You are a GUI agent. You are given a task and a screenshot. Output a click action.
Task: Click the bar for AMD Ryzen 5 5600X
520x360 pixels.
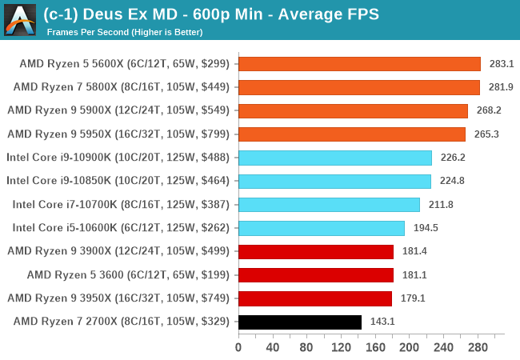[x=359, y=64]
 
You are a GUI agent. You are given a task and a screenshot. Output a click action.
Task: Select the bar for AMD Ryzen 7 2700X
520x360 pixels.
[x=300, y=322]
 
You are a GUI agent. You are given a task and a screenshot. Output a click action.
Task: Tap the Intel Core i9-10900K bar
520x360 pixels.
[x=335, y=158]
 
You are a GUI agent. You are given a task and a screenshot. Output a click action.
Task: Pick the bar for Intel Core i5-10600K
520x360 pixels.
[x=322, y=228]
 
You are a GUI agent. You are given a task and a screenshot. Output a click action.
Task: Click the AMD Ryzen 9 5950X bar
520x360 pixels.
[x=352, y=134]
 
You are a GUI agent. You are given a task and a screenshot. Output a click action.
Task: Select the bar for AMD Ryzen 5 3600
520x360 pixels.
[x=316, y=275]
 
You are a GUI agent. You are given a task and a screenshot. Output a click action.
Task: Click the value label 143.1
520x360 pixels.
[x=382, y=322]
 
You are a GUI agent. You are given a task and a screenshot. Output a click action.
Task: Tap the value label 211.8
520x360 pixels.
[x=441, y=205]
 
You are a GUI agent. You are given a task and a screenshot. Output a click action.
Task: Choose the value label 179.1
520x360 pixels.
[x=413, y=298]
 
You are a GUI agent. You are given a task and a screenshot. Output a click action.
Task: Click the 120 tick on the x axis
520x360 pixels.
[x=341, y=347]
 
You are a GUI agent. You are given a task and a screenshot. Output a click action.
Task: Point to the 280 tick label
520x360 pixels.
[x=478, y=347]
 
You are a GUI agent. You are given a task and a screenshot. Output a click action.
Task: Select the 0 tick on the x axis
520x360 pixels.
[x=238, y=347]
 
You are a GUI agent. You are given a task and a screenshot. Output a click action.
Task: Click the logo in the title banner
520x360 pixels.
[x=20, y=19]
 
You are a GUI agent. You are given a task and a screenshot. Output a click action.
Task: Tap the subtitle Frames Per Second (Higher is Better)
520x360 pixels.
[x=125, y=32]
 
